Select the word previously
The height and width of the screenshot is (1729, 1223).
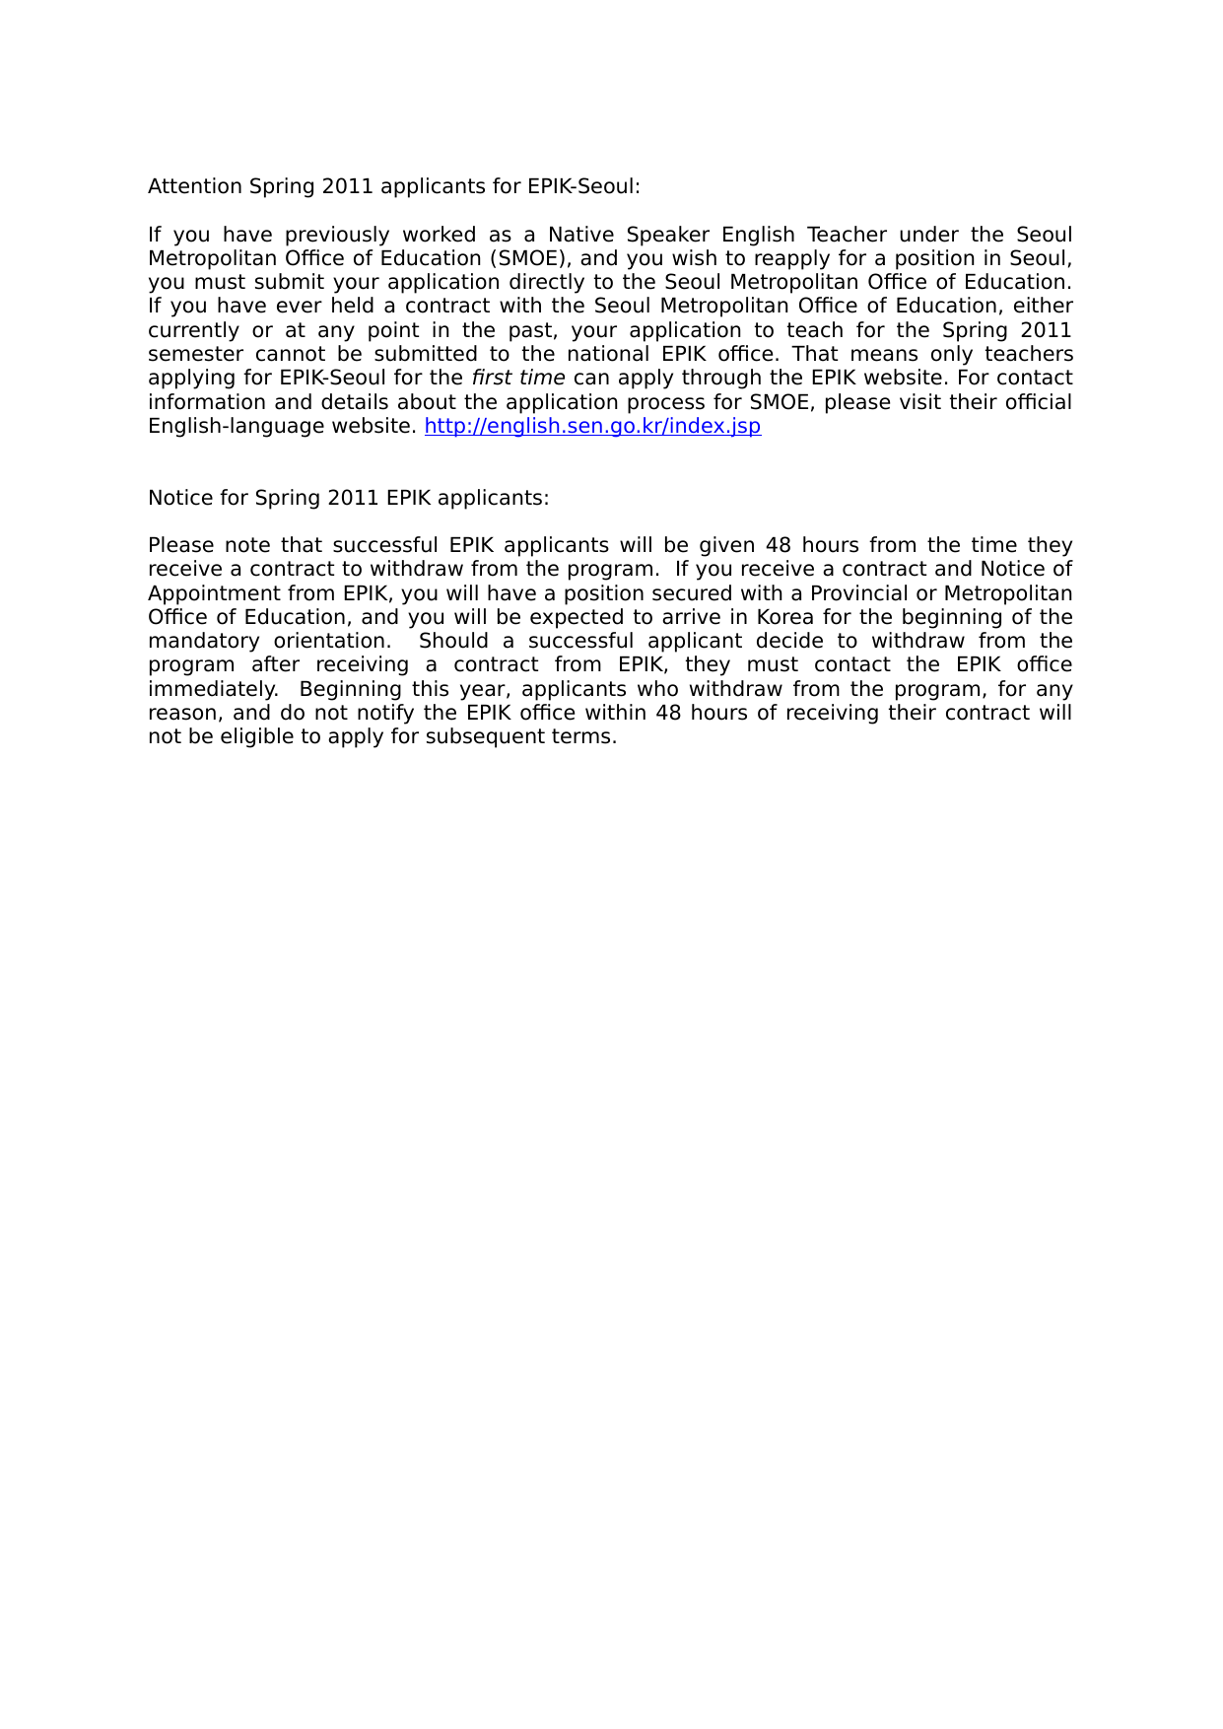coord(337,235)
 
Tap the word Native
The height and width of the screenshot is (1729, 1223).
coord(580,235)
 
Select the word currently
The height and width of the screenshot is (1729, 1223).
coord(193,330)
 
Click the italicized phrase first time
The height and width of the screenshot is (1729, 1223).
coord(518,378)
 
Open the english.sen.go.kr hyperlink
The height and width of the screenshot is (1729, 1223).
coord(592,426)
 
